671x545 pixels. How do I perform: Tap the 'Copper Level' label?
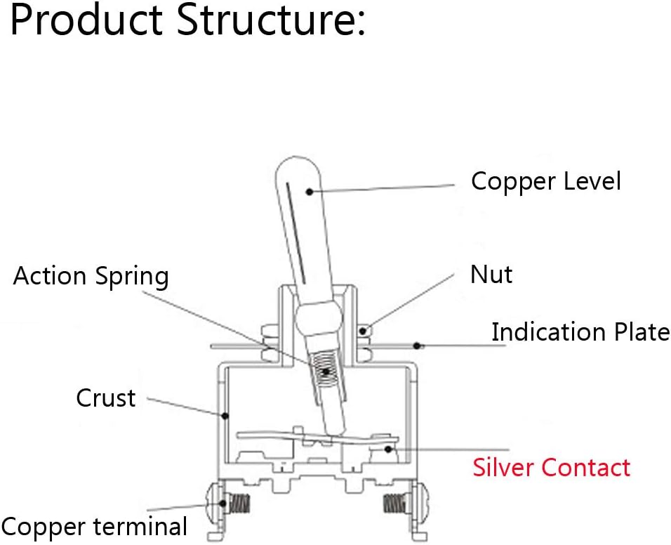click(x=545, y=181)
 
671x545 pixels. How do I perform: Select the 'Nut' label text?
click(x=491, y=275)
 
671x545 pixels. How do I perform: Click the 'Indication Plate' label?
click(x=580, y=331)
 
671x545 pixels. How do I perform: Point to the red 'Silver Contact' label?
click(x=551, y=467)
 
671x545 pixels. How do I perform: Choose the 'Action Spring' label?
click(x=91, y=276)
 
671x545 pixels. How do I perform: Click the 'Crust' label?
click(x=106, y=398)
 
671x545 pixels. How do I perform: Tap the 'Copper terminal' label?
click(x=94, y=527)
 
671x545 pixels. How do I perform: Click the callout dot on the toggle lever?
click(x=310, y=191)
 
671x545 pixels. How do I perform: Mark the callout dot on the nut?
click(x=362, y=331)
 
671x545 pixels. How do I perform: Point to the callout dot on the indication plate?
click(x=417, y=346)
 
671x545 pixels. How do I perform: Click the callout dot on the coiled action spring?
click(x=326, y=371)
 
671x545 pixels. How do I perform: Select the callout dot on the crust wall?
click(x=225, y=415)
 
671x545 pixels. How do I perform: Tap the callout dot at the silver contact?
click(x=387, y=449)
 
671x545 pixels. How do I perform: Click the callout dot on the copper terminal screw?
click(x=222, y=503)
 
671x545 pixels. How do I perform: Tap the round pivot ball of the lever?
click(x=319, y=318)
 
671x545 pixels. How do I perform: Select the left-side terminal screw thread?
click(x=239, y=504)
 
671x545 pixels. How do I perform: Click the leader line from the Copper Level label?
click(x=382, y=188)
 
